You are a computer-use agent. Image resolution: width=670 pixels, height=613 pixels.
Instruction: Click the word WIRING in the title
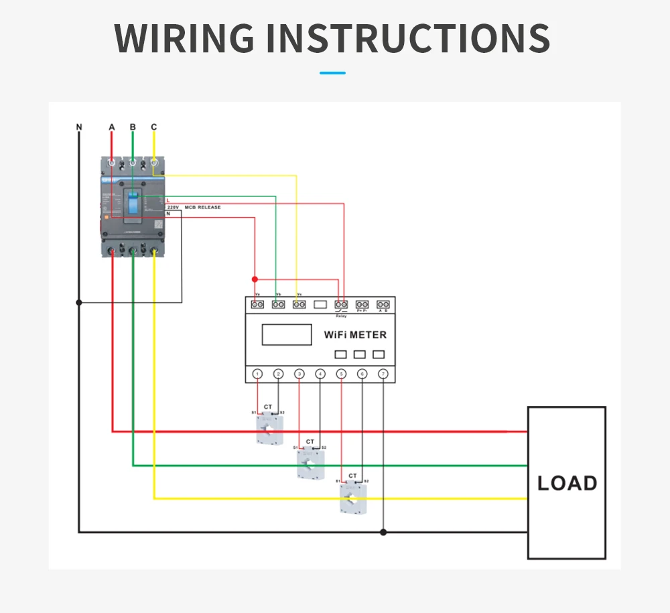pos(185,39)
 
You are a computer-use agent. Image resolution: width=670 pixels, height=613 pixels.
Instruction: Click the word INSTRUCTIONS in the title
pos(408,39)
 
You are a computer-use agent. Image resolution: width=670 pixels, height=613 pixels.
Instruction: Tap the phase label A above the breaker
pos(112,127)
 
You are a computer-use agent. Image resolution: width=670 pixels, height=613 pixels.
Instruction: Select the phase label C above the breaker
pos(154,127)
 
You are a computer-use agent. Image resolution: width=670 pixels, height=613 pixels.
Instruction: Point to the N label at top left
pos(79,127)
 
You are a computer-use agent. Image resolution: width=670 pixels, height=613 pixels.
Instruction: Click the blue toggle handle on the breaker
pos(133,204)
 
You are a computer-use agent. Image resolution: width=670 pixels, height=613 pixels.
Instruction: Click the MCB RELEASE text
pos(198,208)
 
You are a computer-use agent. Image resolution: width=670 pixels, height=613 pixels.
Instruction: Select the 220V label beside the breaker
pos(172,208)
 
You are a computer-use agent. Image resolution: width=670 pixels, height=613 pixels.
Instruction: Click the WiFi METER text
pos(355,334)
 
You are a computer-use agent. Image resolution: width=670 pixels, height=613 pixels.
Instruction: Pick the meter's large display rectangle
pos(287,334)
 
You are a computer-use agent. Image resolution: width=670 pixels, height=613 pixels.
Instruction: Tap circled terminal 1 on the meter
pos(258,374)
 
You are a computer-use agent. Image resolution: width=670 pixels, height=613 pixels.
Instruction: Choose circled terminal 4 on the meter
pos(320,374)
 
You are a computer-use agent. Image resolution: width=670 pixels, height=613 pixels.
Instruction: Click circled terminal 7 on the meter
pos(383,374)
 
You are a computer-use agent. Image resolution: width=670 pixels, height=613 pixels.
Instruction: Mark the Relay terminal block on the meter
pos(341,305)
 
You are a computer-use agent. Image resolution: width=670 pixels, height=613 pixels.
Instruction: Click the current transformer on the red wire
pos(269,429)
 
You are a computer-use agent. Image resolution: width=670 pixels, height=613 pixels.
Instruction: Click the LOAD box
pos(567,482)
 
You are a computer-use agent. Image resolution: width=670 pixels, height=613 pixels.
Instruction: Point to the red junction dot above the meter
pos(254,279)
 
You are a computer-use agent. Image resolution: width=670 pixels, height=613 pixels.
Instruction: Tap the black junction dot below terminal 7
pos(383,533)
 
